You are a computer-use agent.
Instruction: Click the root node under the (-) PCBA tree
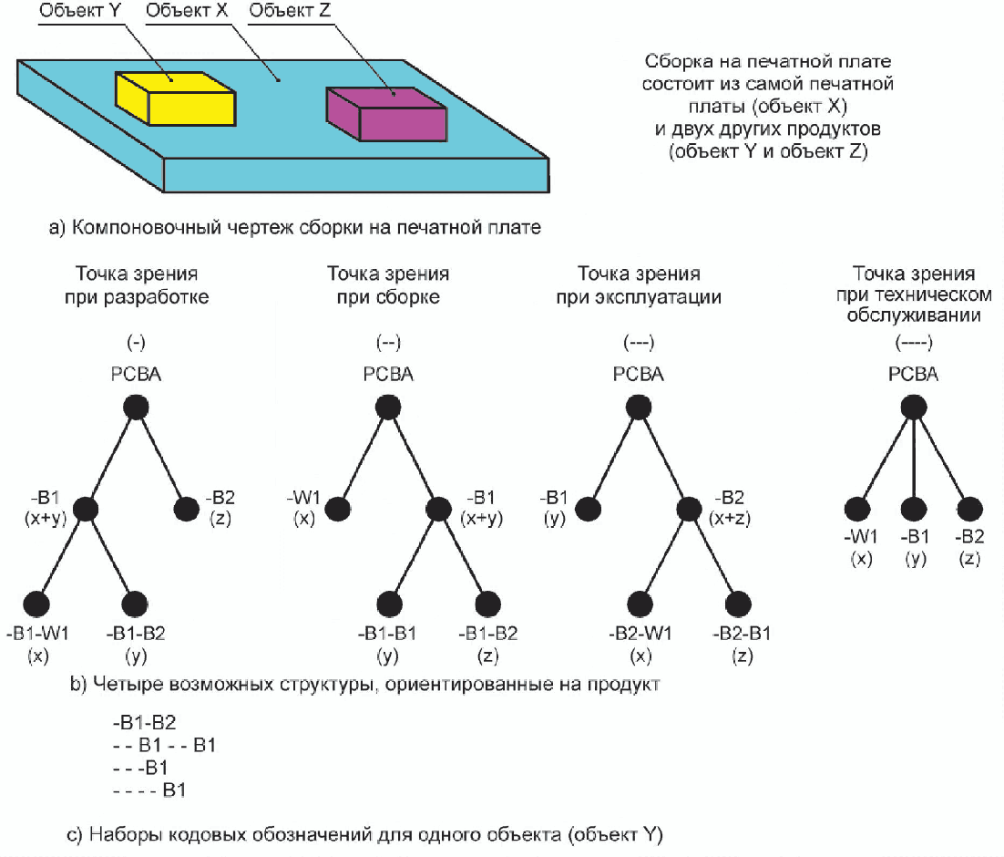[x=136, y=408]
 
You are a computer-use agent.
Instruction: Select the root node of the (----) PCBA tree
[x=912, y=408]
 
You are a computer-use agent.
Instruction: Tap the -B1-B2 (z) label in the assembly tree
[x=487, y=633]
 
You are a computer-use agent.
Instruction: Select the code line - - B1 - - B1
[x=163, y=746]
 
